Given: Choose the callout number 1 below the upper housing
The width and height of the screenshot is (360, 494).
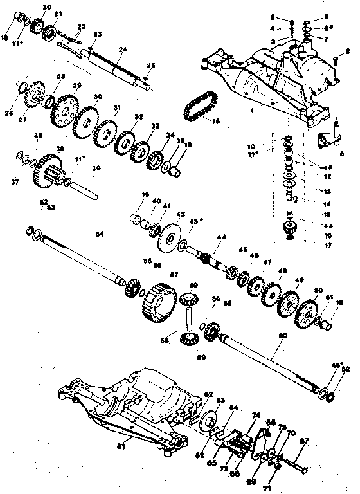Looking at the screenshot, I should pos(252,111).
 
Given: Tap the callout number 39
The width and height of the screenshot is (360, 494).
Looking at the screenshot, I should pos(96,169).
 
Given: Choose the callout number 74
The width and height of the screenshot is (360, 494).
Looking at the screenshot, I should pos(255,415).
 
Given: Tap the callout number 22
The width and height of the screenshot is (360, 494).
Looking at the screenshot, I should pos(80,26).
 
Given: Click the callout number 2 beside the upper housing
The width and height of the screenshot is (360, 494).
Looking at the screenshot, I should pos(348,50).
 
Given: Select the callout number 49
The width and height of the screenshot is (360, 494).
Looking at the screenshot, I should pos(298,280).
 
